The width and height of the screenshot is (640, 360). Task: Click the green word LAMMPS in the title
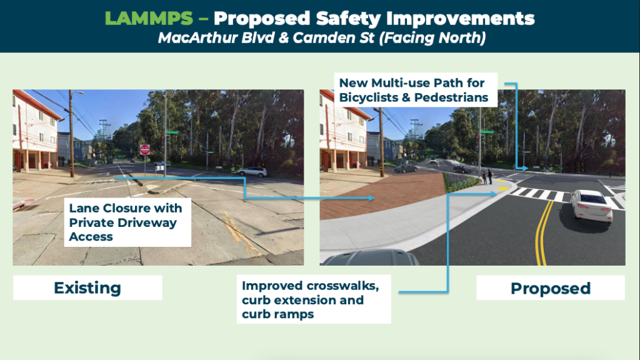(x=149, y=19)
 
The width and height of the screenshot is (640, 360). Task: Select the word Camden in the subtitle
(x=321, y=38)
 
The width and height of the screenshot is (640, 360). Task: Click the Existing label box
(x=87, y=287)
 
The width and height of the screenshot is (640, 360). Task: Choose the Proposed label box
(x=550, y=288)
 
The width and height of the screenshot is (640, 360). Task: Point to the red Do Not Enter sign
(x=145, y=150)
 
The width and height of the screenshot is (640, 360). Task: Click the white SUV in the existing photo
(x=253, y=171)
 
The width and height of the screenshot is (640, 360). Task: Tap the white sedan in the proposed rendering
(x=591, y=206)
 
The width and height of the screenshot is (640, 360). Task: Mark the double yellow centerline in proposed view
(x=544, y=232)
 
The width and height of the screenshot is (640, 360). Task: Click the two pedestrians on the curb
(x=487, y=177)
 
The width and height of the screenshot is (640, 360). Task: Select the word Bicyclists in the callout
(x=369, y=97)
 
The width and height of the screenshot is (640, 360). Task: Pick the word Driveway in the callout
(x=150, y=223)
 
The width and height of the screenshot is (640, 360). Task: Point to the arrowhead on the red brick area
(x=371, y=198)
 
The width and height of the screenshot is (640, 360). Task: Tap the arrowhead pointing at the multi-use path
(x=525, y=167)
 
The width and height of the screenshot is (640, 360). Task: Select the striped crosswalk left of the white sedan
(x=539, y=194)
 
